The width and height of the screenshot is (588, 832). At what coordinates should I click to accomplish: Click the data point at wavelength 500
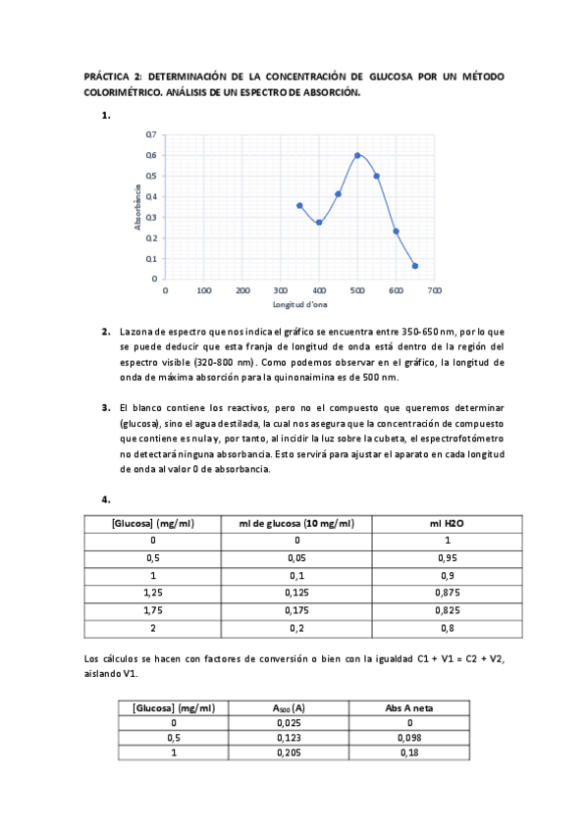[357, 155]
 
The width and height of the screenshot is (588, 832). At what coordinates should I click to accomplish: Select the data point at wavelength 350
[299, 205]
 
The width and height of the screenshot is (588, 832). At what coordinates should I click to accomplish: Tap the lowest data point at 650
[415, 266]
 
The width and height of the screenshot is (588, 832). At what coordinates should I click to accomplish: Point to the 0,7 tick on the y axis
[150, 133]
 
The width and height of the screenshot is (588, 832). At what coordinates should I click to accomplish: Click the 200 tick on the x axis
[241, 291]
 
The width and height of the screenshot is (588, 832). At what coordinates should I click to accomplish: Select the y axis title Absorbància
[139, 207]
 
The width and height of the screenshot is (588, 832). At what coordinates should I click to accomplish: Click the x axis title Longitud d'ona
[299, 305]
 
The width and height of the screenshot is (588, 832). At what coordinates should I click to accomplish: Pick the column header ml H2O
[447, 524]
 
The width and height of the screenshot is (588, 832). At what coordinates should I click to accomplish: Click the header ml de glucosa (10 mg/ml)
[296, 524]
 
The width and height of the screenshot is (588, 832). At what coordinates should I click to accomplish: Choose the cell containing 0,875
[447, 593]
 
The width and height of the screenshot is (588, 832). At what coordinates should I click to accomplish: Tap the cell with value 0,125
[296, 593]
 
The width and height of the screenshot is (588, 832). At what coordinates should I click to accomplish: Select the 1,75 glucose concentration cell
[153, 610]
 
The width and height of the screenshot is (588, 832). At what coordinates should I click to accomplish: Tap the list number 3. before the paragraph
[105, 406]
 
